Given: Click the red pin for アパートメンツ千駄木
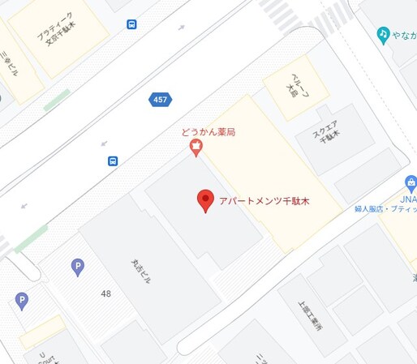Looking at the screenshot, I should coord(205,199).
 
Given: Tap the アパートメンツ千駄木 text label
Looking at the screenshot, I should coord(264,201).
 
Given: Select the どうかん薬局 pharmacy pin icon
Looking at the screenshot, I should coord(195,148).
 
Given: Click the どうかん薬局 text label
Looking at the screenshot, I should coord(208,132).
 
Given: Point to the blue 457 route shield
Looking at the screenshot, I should coord(160,100).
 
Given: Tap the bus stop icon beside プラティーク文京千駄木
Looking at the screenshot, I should coord(131,24).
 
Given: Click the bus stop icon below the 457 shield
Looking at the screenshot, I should coord(113,161).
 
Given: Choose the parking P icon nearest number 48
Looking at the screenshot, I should coord(78,266).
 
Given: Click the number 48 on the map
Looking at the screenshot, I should coord(106,293).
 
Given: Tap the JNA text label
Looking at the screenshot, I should coord(408,199).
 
